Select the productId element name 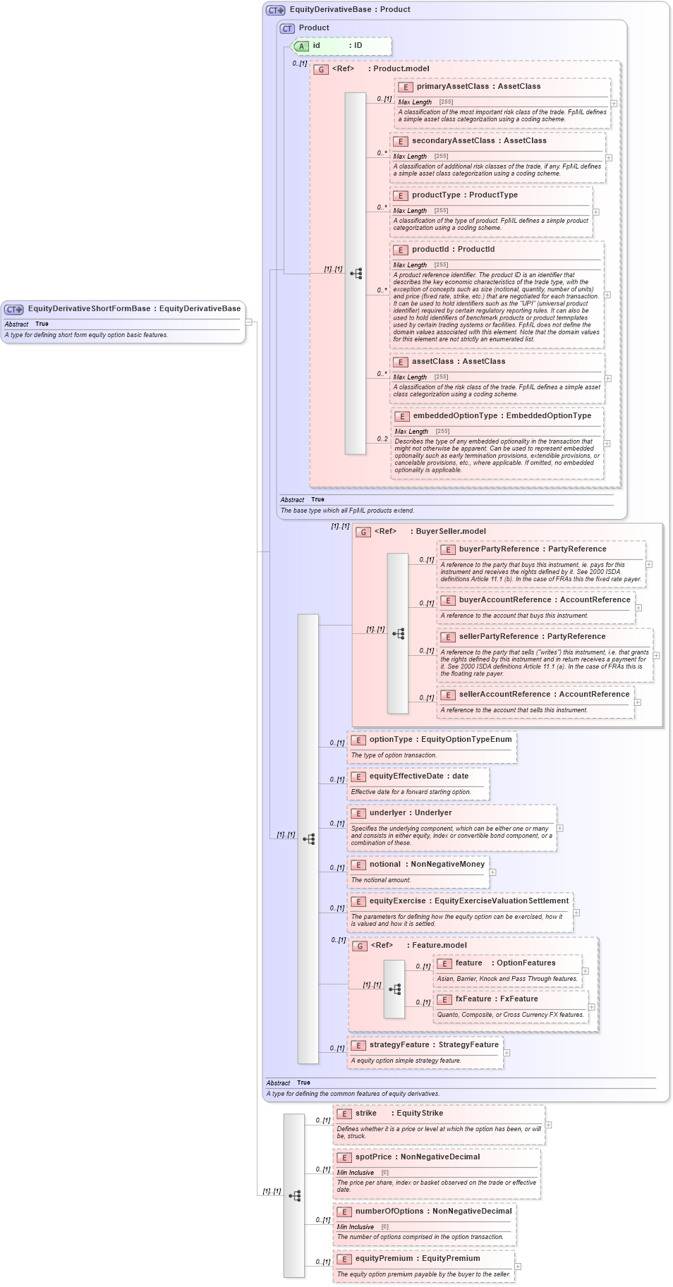tap(430, 250)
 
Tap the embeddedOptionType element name tap(455, 416)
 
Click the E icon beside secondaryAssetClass tap(401, 142)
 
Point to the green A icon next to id tap(301, 47)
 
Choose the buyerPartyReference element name tap(499, 549)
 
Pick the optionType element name tap(391, 740)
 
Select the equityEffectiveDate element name tap(406, 776)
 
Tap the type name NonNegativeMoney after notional tap(447, 865)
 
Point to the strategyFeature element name tap(399, 1045)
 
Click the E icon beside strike tap(344, 1114)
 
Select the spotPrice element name tap(373, 1157)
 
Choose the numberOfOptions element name tap(389, 1212)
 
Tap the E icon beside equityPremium tap(344, 1259)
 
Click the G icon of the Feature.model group tap(360, 946)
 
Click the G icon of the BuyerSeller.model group tap(363, 532)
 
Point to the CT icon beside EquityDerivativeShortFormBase tap(14, 310)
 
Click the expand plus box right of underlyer tap(560, 829)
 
